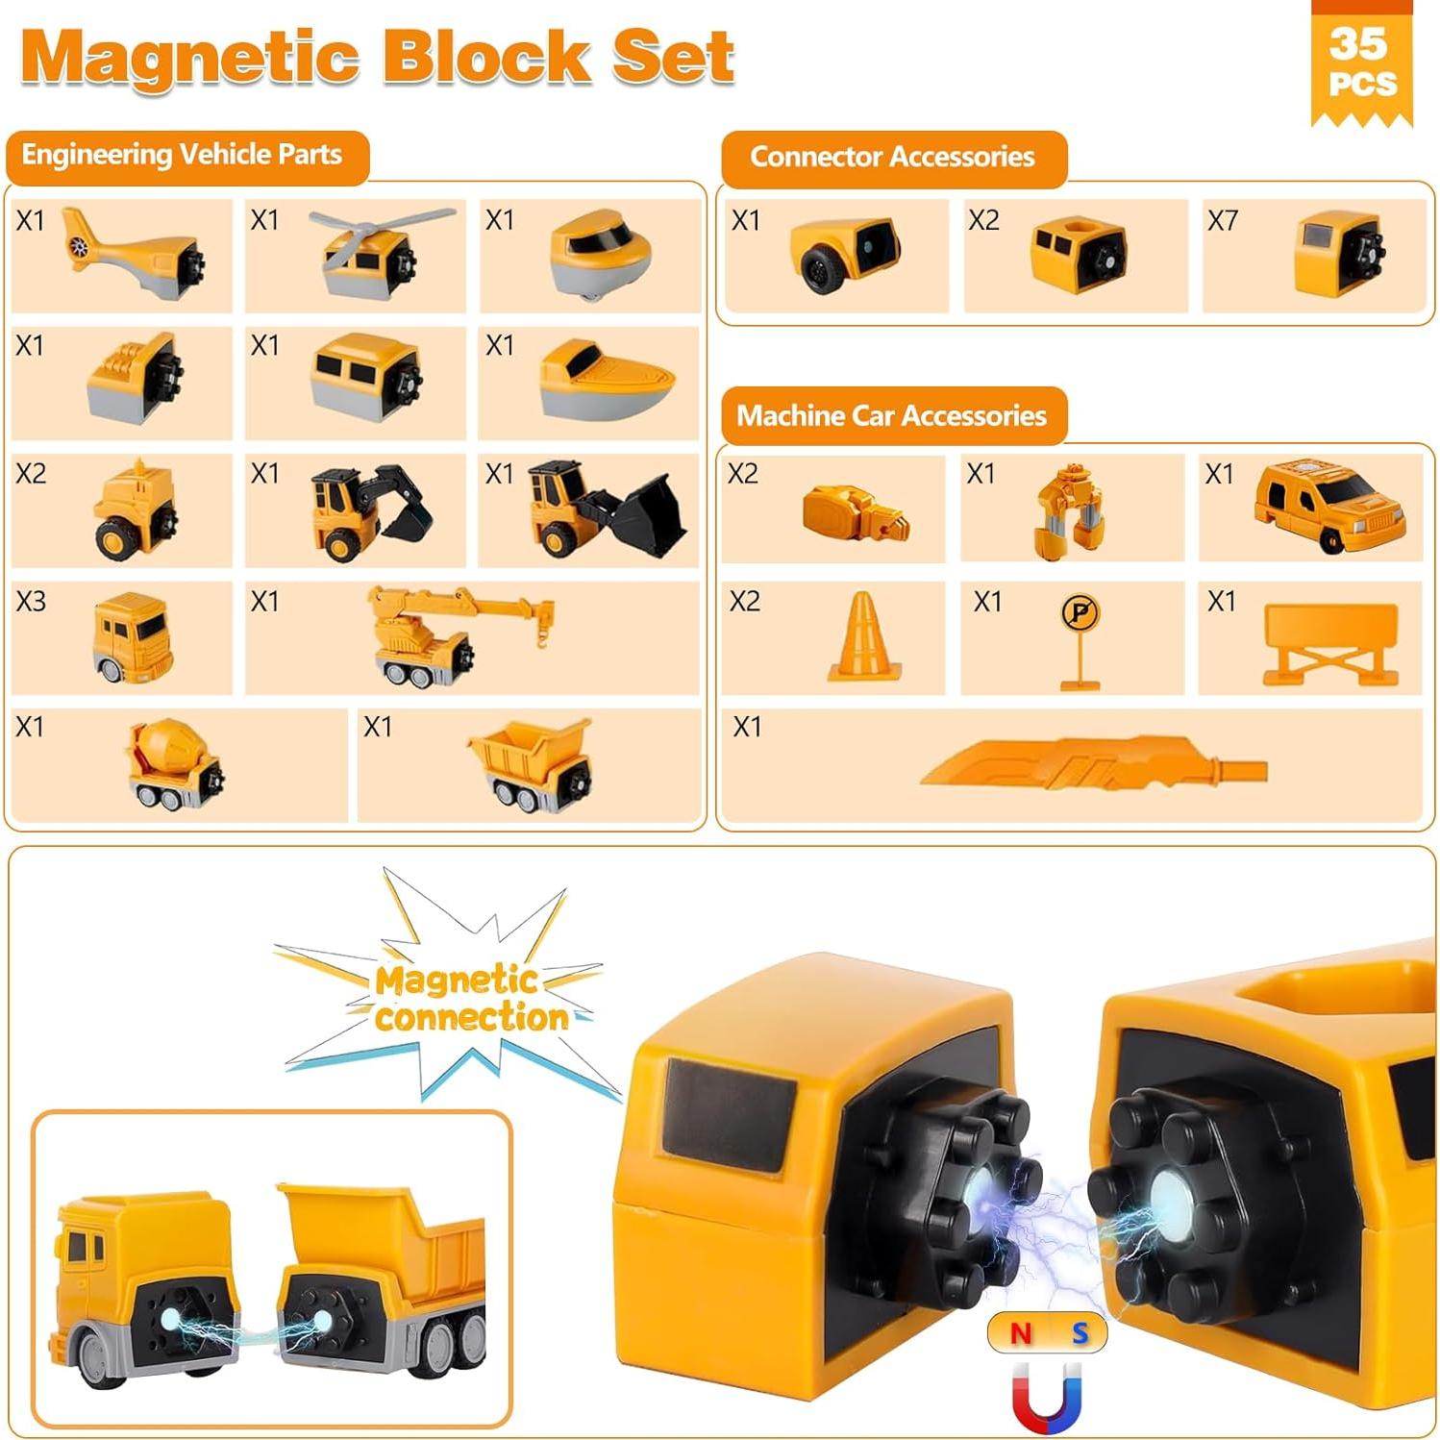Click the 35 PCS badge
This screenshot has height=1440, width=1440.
(1361, 62)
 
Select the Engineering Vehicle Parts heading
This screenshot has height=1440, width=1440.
(183, 155)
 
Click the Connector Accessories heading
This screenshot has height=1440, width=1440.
(892, 157)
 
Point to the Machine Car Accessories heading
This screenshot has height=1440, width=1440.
(891, 415)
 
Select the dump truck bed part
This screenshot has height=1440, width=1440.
(531, 762)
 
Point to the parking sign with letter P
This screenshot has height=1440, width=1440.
(1080, 638)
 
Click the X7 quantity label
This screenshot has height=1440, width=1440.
(1222, 221)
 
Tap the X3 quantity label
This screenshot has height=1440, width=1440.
(31, 602)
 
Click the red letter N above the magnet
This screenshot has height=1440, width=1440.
(1021, 1333)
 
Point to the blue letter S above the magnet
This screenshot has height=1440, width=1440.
(1080, 1333)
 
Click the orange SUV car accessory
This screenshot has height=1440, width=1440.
(1328, 506)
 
